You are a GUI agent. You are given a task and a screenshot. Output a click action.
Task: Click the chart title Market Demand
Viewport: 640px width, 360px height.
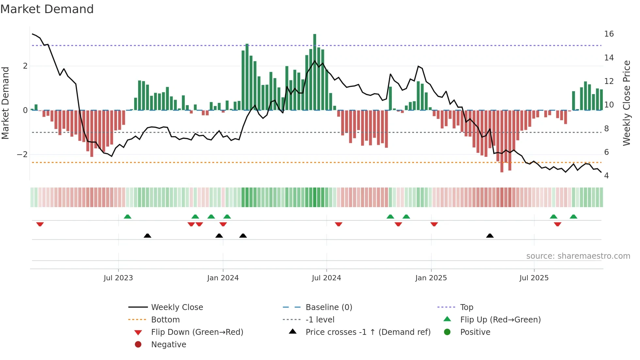tap(47, 9)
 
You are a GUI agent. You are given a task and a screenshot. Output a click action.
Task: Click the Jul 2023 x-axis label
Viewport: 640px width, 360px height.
tap(118, 278)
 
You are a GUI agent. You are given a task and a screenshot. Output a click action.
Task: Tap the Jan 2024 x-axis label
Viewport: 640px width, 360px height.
tap(223, 278)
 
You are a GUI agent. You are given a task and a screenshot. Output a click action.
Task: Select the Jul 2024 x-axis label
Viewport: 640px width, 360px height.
tap(326, 278)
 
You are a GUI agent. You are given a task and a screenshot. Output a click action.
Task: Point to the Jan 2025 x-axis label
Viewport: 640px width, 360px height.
tap(431, 278)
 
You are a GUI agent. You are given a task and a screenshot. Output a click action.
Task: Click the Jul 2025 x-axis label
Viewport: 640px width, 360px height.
tap(534, 278)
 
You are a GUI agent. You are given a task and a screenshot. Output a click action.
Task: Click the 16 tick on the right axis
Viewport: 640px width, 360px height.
tap(609, 34)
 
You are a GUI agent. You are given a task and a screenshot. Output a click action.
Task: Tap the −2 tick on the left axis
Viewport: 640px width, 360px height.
tap(22, 155)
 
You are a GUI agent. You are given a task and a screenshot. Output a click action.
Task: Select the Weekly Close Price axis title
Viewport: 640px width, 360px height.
tap(626, 103)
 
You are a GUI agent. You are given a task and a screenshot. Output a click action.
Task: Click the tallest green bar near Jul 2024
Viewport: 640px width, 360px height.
tap(314, 72)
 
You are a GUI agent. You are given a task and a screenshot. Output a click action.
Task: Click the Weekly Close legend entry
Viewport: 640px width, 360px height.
tap(177, 307)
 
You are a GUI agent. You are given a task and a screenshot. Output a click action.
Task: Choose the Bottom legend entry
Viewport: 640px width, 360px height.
tap(165, 320)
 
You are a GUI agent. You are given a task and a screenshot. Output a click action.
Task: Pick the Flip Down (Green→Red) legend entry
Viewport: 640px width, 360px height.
tap(197, 332)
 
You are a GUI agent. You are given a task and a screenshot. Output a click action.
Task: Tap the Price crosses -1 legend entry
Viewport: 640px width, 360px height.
tap(368, 332)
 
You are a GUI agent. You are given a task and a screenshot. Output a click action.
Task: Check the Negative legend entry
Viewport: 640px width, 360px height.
tap(168, 345)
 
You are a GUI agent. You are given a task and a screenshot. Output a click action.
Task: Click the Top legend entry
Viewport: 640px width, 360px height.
tap(466, 307)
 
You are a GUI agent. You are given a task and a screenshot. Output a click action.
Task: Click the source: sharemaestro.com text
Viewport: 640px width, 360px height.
tap(578, 256)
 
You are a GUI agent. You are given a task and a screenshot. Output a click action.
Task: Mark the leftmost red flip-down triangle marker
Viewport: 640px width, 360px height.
tap(40, 224)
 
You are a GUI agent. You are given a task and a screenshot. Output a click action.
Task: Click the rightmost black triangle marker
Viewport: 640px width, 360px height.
tap(489, 236)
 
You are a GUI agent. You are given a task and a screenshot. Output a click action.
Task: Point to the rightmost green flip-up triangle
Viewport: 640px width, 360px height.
tap(573, 216)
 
